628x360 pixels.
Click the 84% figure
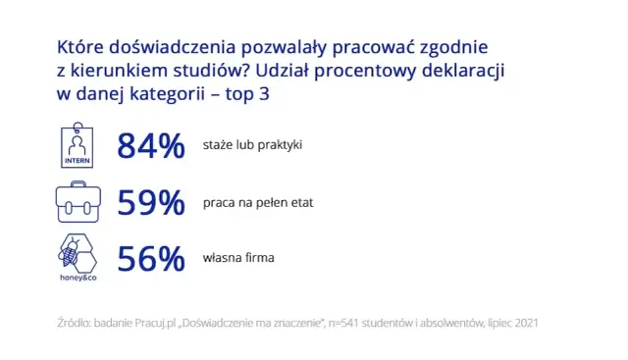point(151,146)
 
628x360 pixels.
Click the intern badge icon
point(78,144)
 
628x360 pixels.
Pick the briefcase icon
point(78,202)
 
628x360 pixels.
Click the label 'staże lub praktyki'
point(252,145)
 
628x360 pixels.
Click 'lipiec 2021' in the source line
point(508,322)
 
